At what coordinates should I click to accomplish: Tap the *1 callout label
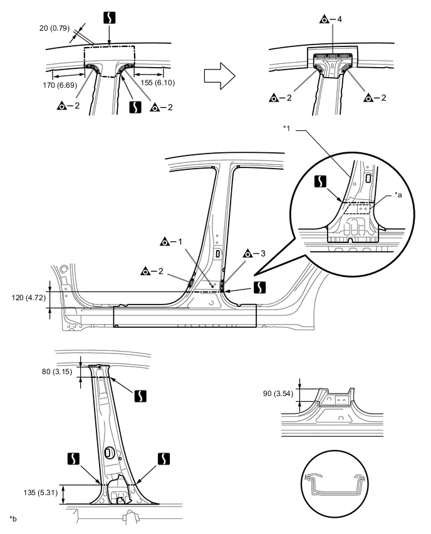tap(288, 128)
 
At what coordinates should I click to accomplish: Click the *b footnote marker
tap(13, 518)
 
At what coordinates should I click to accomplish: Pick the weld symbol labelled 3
tap(249, 254)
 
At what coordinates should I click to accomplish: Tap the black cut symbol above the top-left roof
tap(110, 19)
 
